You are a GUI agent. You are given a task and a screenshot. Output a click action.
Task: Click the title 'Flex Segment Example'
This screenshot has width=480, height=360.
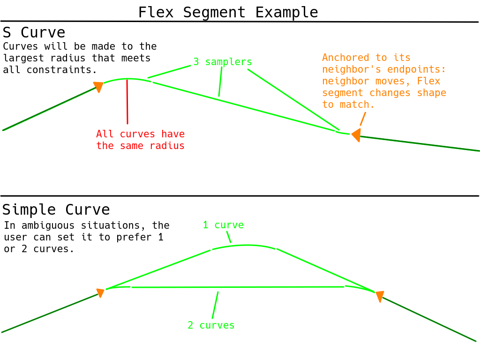(228, 12)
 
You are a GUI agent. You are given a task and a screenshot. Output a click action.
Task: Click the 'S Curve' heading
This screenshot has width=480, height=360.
(34, 33)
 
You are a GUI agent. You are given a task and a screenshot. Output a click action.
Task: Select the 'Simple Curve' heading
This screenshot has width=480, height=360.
(56, 210)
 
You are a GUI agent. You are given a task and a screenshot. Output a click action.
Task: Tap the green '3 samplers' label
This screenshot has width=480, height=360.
(223, 62)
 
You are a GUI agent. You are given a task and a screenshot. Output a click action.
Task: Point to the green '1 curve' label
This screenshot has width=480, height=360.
(223, 225)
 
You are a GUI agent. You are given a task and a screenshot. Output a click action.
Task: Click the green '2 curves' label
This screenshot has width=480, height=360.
(211, 325)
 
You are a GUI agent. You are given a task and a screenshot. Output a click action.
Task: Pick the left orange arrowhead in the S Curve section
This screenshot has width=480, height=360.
(98, 87)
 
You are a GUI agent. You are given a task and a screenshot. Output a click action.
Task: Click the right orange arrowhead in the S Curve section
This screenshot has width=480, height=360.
(356, 135)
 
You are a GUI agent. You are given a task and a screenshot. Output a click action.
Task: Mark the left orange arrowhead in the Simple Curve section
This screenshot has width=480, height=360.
(100, 293)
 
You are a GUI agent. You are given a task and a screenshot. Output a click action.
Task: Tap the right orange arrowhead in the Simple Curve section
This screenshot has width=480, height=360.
(379, 296)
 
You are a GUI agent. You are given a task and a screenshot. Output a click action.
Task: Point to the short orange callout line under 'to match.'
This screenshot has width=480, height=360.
(363, 119)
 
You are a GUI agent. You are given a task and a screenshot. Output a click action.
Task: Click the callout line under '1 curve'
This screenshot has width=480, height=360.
(229, 237)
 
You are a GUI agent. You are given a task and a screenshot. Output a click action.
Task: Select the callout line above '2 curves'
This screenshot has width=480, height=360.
(215, 305)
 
